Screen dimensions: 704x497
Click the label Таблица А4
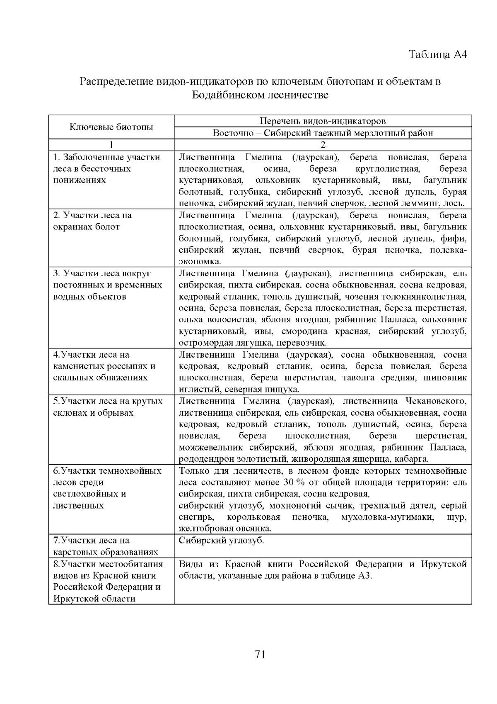coord(438,55)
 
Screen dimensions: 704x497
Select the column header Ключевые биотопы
coord(111,127)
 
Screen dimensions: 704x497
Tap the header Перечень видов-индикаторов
coord(323,121)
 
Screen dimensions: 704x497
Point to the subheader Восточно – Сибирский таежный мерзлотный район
coord(323,133)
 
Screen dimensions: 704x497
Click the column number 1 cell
coord(111,145)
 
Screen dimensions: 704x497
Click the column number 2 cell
coord(323,145)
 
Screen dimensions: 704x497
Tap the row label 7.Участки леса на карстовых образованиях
coord(106,546)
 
